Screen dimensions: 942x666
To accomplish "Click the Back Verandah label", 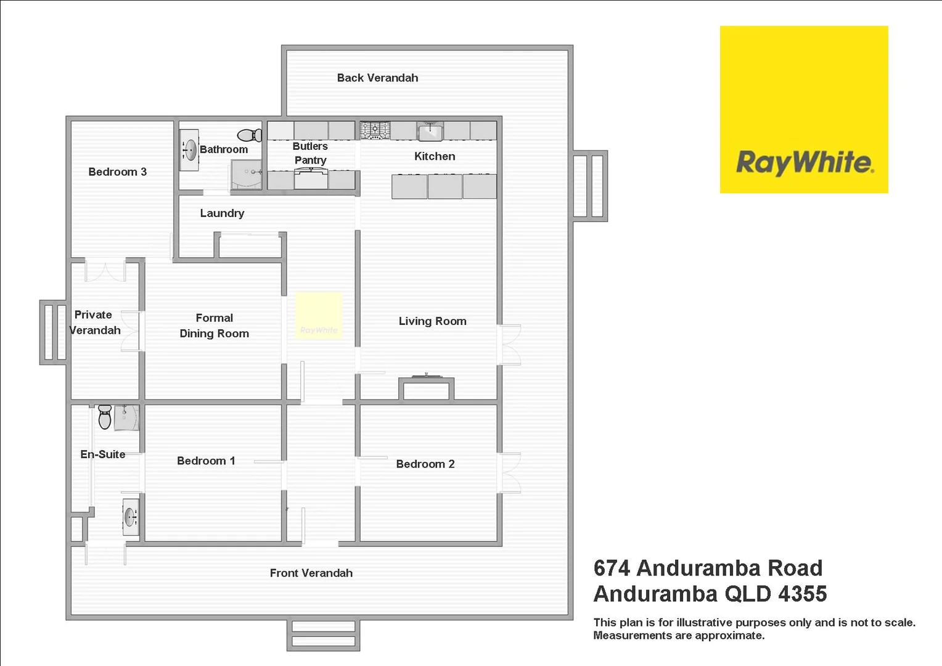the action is tap(377, 78).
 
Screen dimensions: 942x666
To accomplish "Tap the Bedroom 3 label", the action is tap(117, 172).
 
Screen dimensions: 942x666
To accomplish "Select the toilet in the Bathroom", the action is tap(250, 135).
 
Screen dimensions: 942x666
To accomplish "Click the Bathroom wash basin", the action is tap(190, 150).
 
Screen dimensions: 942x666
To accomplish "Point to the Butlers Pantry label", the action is tap(310, 153).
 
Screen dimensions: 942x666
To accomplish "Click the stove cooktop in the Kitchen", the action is tap(375, 130).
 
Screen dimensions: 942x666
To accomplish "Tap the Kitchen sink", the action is tap(430, 131).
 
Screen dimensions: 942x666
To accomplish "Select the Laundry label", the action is tap(222, 213).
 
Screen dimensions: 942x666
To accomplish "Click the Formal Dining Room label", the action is tap(214, 326).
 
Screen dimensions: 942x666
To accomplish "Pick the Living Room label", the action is tap(432, 321).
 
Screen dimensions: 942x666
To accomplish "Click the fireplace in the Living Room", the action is tap(427, 388).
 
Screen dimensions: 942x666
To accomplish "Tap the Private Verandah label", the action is tap(94, 323).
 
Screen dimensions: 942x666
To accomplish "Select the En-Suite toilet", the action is tap(105, 417).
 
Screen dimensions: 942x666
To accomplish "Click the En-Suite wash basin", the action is tap(130, 517).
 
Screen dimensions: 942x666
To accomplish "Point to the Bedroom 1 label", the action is tap(206, 461).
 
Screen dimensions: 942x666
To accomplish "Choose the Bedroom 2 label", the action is tap(425, 464).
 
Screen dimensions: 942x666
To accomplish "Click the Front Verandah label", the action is tap(311, 573).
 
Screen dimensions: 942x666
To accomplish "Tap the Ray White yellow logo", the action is tap(803, 109).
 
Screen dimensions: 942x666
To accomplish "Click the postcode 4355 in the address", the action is tap(802, 594).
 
